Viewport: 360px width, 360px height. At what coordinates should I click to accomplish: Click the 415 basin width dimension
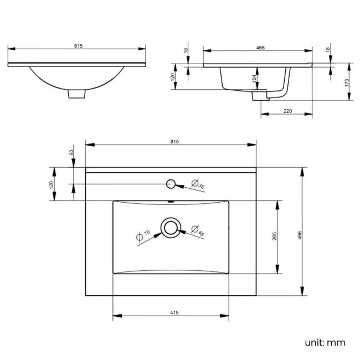tap(173, 313)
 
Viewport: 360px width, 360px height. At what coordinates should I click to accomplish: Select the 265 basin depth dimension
tap(275, 236)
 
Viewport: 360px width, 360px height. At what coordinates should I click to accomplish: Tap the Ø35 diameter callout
tap(198, 185)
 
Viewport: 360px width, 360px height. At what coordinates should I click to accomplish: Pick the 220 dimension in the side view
tap(287, 111)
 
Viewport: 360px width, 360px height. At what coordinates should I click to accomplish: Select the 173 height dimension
tap(346, 82)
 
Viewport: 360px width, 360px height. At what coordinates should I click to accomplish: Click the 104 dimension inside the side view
tap(254, 78)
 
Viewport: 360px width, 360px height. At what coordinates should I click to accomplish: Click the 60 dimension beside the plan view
tap(71, 152)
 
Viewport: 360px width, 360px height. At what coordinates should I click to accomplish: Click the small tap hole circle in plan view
tap(171, 183)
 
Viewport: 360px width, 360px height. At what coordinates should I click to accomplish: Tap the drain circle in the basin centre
tap(170, 227)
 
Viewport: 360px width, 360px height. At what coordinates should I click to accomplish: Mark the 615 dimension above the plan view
tap(173, 141)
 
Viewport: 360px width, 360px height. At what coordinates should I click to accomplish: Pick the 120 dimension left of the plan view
tap(52, 184)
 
